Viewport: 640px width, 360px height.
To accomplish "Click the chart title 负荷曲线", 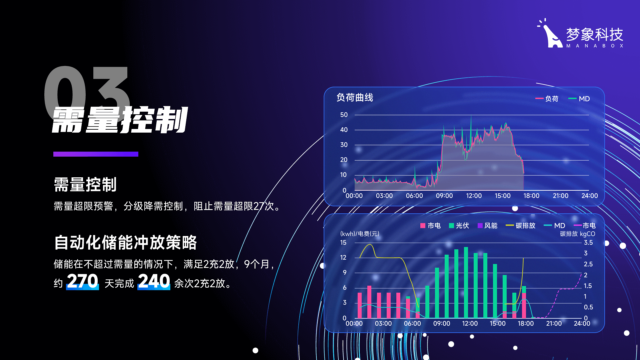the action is [x=355, y=98].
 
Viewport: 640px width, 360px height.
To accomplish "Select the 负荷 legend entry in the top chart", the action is [x=547, y=99].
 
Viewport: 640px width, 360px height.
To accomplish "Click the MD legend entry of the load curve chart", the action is [x=579, y=99].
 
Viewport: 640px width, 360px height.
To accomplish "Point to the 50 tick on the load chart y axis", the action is [x=344, y=115].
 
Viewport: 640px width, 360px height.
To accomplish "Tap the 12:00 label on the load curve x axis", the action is [x=474, y=196].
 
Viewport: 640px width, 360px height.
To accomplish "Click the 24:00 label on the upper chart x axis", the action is [x=590, y=196].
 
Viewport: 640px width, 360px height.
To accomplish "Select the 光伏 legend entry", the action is [x=459, y=226].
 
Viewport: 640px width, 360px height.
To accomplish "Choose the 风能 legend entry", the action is [x=487, y=226].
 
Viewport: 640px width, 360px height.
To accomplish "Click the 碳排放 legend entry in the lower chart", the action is [x=520, y=226].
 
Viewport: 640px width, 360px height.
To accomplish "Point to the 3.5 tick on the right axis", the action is [x=588, y=242].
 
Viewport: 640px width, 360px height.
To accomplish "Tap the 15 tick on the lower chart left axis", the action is [x=343, y=242].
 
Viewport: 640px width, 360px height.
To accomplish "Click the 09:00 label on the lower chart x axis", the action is [x=442, y=323].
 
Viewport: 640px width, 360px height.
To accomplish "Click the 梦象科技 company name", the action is [x=595, y=34].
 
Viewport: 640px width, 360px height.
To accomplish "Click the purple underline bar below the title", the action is [x=96, y=154].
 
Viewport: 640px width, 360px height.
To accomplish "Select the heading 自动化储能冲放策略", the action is [x=125, y=242].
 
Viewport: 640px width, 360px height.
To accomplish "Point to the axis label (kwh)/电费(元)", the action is [x=360, y=234].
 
